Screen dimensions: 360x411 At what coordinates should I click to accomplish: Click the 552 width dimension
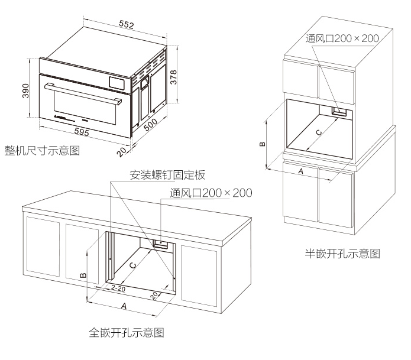[x=125, y=24]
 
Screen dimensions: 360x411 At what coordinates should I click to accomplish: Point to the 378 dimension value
[x=174, y=75]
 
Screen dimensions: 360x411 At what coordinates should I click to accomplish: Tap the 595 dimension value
[x=82, y=132]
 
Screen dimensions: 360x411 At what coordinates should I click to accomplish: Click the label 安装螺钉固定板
[x=168, y=176]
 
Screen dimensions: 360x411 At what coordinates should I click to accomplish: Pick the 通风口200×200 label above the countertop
[x=211, y=193]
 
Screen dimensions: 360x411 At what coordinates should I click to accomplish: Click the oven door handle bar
[x=83, y=94]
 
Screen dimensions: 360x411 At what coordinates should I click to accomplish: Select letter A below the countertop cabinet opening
[x=124, y=307]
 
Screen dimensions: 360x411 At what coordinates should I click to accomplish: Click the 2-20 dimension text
[x=118, y=288]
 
